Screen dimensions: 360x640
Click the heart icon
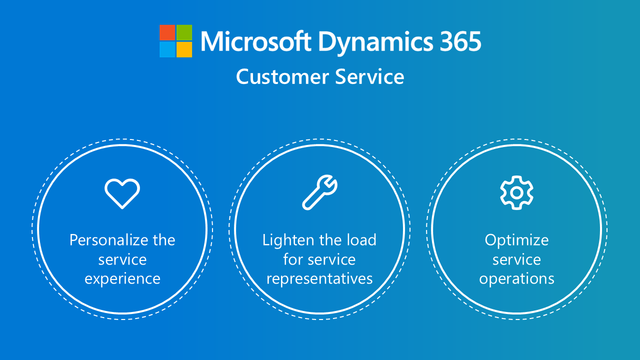[x=122, y=193]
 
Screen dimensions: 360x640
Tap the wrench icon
[x=319, y=191]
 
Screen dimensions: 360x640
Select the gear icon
[x=516, y=192]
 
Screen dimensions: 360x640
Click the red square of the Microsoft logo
[x=167, y=32]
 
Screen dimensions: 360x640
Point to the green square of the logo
[x=184, y=32]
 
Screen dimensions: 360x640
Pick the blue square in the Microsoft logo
[x=167, y=49]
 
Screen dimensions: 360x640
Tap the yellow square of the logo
[x=184, y=49]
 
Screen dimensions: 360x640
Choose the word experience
[x=122, y=279]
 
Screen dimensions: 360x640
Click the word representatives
[x=319, y=278]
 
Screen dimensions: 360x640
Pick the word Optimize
[x=516, y=240]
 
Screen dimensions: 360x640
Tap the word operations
[x=516, y=279]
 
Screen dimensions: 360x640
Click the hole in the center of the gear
[x=516, y=192]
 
